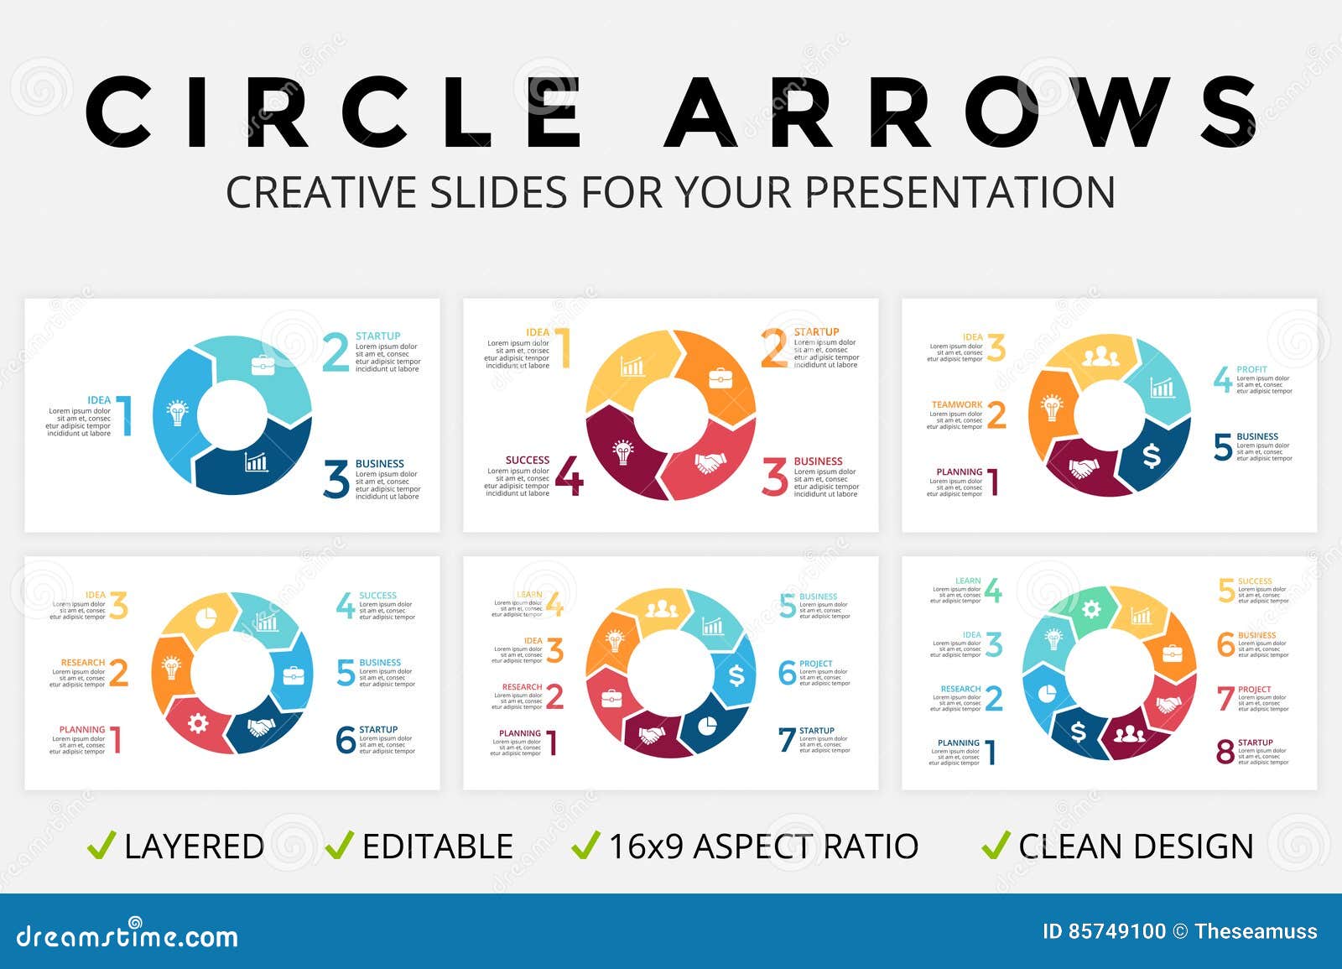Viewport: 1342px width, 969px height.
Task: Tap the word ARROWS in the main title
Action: click(x=960, y=112)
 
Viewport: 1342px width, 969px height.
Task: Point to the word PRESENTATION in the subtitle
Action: click(x=960, y=192)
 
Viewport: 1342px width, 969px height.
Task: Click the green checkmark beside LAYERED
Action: click(x=101, y=845)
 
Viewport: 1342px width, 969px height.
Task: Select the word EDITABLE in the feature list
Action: click(x=437, y=847)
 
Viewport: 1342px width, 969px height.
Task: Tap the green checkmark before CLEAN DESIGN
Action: click(x=995, y=845)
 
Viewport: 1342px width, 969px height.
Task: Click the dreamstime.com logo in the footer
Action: click(x=127, y=935)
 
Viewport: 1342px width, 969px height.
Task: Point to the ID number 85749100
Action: click(x=1116, y=931)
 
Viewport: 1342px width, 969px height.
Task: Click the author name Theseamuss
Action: click(x=1256, y=931)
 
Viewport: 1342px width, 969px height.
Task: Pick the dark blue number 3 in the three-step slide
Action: click(x=336, y=480)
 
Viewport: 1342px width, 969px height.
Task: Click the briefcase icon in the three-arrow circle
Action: click(x=263, y=365)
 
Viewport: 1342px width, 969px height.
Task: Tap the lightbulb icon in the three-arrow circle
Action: click(x=178, y=413)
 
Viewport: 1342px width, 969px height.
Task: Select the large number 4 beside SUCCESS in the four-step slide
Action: click(x=569, y=477)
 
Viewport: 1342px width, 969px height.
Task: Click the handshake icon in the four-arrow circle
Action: click(x=710, y=462)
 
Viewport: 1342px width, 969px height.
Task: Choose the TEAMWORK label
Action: click(x=957, y=404)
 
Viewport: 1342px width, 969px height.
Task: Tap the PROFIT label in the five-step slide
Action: click(x=1251, y=369)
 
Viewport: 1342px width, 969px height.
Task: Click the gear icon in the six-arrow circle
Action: click(x=198, y=722)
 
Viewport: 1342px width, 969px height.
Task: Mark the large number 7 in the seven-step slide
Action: click(x=786, y=740)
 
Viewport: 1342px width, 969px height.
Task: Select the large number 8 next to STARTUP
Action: click(x=1225, y=752)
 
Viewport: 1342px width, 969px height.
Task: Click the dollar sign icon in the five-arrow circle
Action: click(x=1151, y=456)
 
